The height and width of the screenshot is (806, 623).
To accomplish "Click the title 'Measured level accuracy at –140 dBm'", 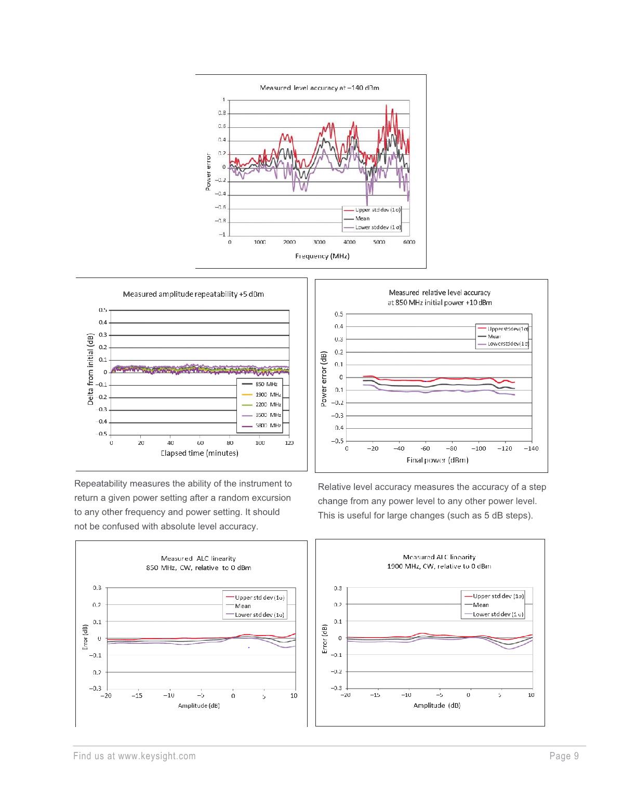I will click(x=319, y=88).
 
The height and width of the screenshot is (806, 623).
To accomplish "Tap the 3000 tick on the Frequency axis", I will click(x=319, y=242).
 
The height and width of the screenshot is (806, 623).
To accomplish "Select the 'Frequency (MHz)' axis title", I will click(x=322, y=256).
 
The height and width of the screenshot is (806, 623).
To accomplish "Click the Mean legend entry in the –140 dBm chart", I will click(x=362, y=219).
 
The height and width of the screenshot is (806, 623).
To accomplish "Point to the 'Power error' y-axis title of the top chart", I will click(x=208, y=171).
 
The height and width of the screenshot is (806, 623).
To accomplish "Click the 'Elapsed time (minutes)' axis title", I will click(x=200, y=453).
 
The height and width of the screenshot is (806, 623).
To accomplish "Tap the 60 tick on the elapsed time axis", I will click(x=201, y=443).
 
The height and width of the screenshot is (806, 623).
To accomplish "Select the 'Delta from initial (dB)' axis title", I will click(x=90, y=369).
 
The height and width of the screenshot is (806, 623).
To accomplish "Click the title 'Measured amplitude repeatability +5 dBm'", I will click(x=193, y=294).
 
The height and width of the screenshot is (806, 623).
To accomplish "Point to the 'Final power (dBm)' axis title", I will click(x=438, y=460).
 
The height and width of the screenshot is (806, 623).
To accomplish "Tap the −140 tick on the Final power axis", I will click(x=531, y=448).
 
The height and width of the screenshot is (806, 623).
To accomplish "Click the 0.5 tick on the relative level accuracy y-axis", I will click(x=339, y=314).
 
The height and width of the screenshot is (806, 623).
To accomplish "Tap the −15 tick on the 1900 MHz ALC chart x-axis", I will click(x=375, y=695).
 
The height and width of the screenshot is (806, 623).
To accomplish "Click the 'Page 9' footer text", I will click(x=564, y=756).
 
